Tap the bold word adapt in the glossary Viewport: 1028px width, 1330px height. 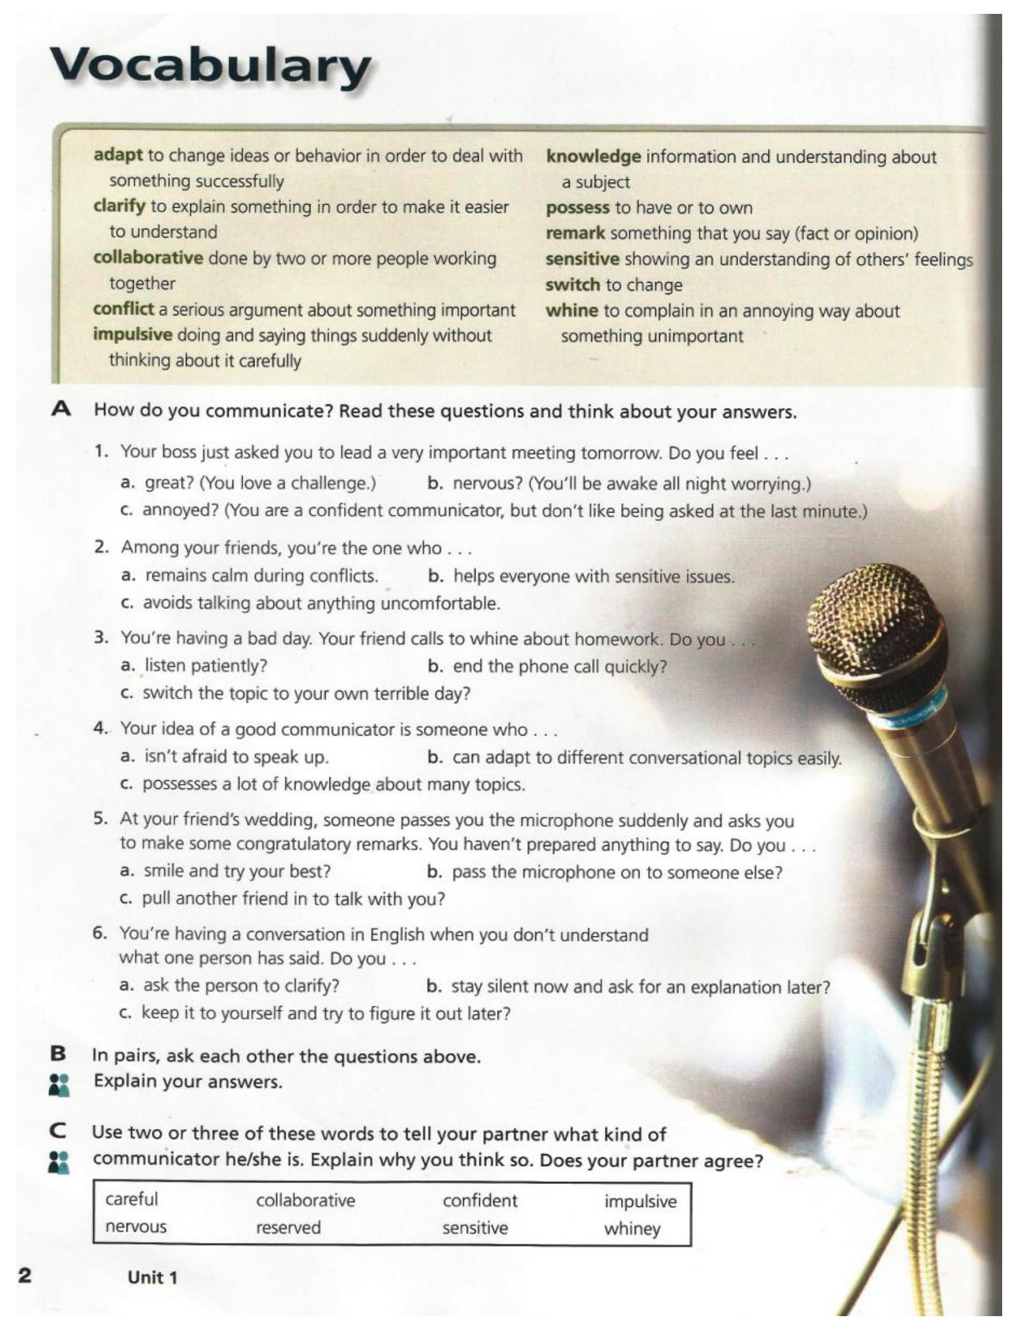pos(118,155)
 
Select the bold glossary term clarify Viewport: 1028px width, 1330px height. pos(119,207)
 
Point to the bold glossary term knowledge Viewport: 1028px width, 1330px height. pos(593,156)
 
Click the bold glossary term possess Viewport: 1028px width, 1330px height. pos(577,208)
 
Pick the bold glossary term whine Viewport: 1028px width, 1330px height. pos(571,310)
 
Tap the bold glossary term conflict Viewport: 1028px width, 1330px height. pos(123,309)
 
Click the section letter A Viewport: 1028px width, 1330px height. pos(61,410)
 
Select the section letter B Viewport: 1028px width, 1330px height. pos(58,1053)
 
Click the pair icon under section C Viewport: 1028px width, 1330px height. pos(59,1162)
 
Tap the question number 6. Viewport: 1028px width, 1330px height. pos(100,933)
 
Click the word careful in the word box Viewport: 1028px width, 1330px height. pos(132,1199)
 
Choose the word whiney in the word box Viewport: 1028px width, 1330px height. pos(632,1229)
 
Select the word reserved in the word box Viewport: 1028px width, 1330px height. pos(288,1227)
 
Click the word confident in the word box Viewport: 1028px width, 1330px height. pos(479,1200)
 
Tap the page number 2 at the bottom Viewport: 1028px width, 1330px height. pos(25,1276)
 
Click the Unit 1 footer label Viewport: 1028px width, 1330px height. pos(152,1277)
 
